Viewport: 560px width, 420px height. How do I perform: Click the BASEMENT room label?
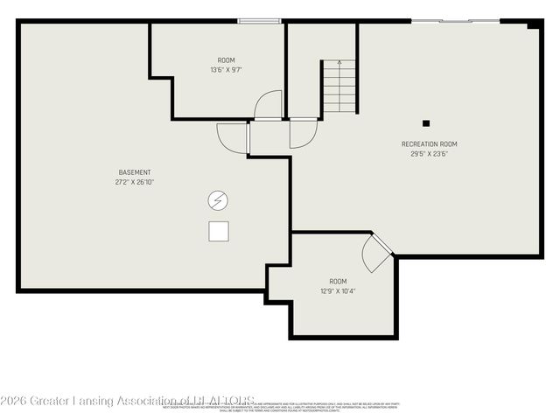click(135, 172)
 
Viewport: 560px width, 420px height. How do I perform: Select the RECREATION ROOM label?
click(429, 144)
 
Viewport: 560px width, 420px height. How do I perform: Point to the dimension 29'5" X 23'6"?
click(429, 154)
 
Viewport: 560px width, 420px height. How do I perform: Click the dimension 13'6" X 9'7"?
click(226, 70)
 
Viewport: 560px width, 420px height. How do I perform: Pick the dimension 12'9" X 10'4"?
click(336, 290)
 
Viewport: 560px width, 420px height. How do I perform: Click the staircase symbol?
click(339, 85)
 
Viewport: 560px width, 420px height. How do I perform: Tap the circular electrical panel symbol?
click(218, 201)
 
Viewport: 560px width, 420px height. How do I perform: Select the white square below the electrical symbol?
click(219, 231)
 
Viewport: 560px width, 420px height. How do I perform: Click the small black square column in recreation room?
click(426, 123)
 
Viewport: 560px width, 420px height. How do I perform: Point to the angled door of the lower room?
click(376, 254)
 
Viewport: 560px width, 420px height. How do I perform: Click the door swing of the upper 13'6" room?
click(269, 105)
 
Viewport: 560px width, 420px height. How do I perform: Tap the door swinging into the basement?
click(234, 138)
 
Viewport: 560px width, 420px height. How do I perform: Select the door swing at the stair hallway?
click(303, 134)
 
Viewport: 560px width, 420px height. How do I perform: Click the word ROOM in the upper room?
click(226, 60)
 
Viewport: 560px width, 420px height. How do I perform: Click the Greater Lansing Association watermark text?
click(128, 401)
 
